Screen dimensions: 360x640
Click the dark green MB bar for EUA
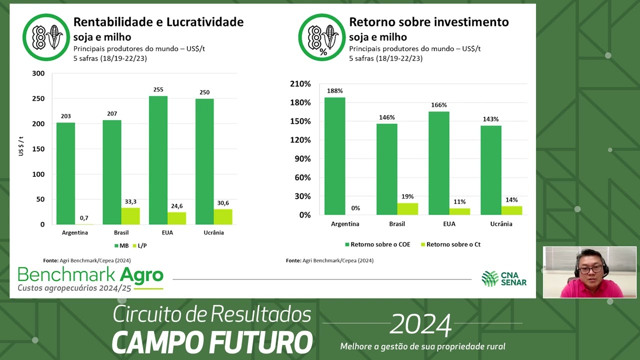pos(158,160)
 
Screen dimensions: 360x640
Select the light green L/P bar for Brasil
pos(130,216)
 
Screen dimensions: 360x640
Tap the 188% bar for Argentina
pos(334,155)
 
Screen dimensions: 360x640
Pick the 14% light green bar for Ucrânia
pos(511,210)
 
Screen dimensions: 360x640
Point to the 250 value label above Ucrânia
pos(204,92)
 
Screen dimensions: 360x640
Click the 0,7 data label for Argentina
pos(84,218)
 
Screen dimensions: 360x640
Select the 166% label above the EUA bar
pos(438,105)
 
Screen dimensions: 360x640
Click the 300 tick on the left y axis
pos(38,73)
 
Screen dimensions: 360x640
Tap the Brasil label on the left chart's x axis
pos(121,232)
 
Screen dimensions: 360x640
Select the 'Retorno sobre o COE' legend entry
pos(378,244)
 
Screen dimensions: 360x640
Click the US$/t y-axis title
pos(21,145)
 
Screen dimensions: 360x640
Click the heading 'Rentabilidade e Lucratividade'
pos(158,22)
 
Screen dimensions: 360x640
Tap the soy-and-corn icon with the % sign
pos(322,37)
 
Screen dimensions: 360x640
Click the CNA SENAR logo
pos(503,278)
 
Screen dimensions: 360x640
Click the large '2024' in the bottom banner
pos(420,325)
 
